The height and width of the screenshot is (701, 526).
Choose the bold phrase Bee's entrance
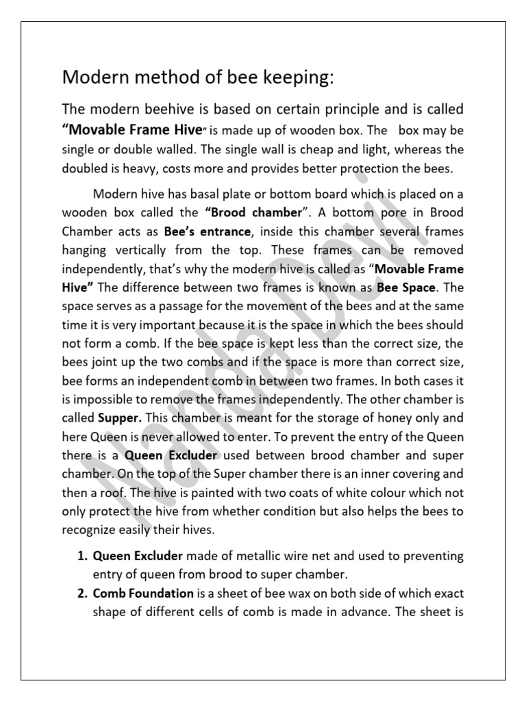pos(203,231)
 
